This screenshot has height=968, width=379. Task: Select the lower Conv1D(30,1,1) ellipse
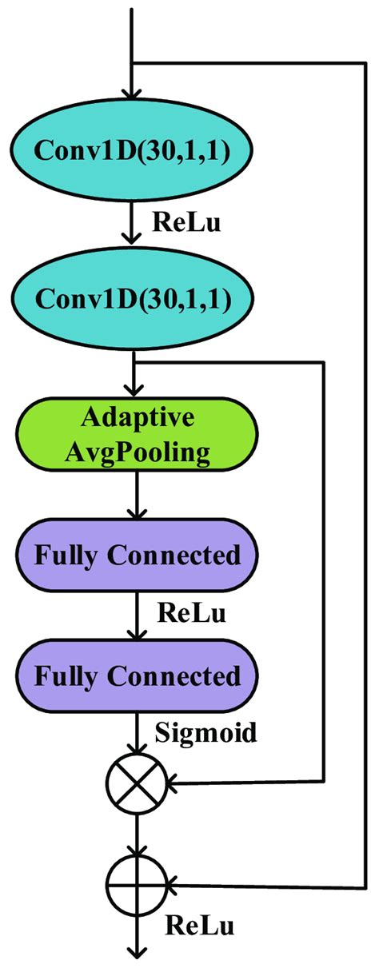131,299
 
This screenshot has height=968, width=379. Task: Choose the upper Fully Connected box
137,555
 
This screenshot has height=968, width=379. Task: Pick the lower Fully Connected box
137,677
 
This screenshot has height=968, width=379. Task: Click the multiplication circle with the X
137,783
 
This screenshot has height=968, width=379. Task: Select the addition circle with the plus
137,885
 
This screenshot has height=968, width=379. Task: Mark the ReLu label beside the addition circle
200,927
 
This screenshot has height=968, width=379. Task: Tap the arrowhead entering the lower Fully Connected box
137,633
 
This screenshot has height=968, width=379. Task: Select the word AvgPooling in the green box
137,453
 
